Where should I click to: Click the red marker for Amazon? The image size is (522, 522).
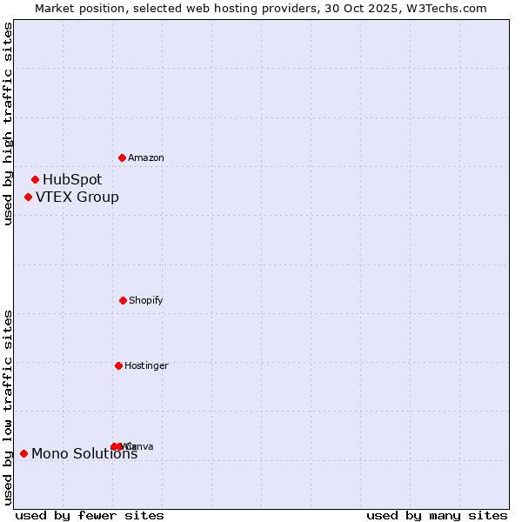click(122, 157)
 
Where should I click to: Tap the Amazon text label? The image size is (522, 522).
click(146, 157)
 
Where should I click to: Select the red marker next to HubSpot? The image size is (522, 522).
click(35, 180)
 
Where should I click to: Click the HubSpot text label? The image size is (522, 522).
click(72, 180)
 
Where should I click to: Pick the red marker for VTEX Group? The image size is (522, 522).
click(28, 197)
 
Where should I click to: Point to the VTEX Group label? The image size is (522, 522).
click(77, 197)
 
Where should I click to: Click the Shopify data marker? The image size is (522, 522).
click(123, 300)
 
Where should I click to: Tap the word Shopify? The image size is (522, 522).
click(146, 300)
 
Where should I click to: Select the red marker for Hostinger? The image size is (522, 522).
click(118, 365)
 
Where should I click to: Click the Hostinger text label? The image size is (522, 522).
click(146, 365)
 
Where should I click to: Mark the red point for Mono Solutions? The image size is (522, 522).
click(23, 453)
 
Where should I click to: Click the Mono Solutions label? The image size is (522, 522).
click(84, 453)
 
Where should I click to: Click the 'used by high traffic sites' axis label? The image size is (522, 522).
click(8, 124)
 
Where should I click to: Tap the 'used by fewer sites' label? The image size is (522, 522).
click(90, 515)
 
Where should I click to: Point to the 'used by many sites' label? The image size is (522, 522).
click(437, 515)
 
